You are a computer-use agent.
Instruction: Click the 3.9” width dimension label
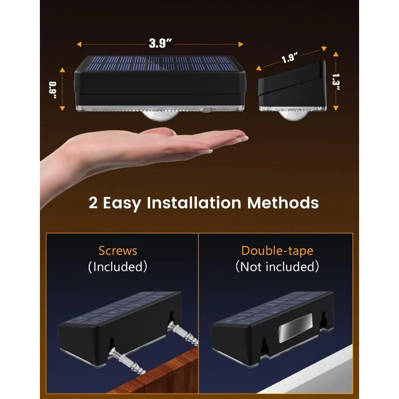pos(160,43)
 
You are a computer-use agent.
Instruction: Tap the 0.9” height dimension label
pos(53,90)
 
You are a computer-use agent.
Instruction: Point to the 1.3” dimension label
pos(336,82)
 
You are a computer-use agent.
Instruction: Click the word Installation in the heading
pos(194,202)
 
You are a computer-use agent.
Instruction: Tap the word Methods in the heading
pos(283,202)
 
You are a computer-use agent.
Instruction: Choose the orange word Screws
pos(118,251)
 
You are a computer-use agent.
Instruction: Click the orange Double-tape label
pos(277,251)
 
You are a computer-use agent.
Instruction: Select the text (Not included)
pos(277,267)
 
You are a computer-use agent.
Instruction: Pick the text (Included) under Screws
pos(118,267)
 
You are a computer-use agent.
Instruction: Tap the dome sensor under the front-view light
pos(160,116)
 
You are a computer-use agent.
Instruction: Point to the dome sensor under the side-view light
pos(293,115)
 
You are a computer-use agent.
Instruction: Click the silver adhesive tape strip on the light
pos(295,328)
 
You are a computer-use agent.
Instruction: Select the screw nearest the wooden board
pos(126,361)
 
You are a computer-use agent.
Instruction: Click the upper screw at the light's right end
pos(183,332)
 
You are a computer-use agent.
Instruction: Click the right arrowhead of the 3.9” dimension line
pos(240,44)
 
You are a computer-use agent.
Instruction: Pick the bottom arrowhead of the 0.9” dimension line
pos(62,108)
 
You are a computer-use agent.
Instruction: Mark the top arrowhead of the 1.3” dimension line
pos(336,54)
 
